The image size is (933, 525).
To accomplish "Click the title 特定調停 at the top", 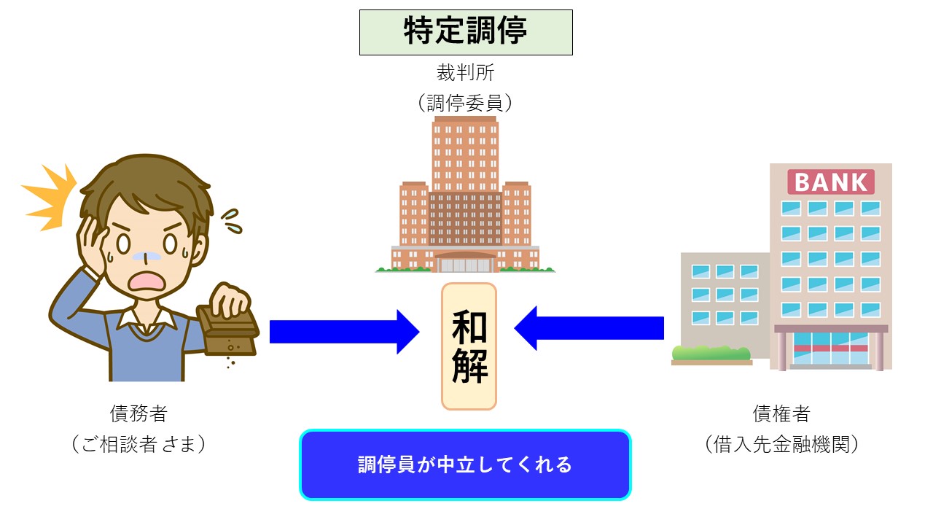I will [466, 32].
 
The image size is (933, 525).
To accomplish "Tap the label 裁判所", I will [466, 73].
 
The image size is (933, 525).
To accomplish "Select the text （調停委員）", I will [466, 103].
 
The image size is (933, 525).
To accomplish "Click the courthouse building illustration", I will [465, 197].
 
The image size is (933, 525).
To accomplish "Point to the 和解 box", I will [469, 346].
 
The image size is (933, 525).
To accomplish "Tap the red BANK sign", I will [831, 182].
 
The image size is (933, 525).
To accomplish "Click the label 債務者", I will [138, 414].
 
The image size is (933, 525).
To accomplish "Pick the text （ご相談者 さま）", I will [138, 444].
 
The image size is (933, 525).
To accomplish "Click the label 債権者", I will [781, 414].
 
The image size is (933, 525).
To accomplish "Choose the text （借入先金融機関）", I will [781, 444].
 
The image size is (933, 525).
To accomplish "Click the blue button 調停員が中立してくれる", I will [465, 464].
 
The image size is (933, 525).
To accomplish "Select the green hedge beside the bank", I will [711, 354].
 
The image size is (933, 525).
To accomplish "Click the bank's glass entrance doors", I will [831, 349].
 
